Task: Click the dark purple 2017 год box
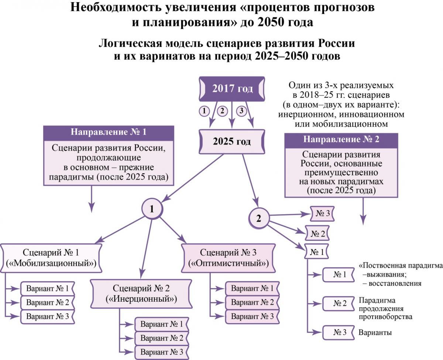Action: [232, 89]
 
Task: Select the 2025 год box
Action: [232, 142]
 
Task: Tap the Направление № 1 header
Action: [109, 132]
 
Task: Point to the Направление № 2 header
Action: [341, 139]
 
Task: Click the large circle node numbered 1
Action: [152, 208]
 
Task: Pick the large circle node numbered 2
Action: [259, 218]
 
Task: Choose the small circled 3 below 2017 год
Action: [241, 111]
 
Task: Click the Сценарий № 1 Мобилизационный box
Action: [51, 258]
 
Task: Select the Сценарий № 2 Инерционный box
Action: [141, 294]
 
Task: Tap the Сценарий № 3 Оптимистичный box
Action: [229, 258]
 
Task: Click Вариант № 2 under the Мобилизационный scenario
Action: [48, 303]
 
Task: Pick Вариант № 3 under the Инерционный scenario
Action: [162, 352]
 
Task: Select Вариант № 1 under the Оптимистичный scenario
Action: [252, 288]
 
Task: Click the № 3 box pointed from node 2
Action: [322, 214]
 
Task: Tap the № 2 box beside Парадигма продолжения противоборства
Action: [339, 304]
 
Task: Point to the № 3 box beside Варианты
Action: [339, 332]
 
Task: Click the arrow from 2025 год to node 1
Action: [192, 178]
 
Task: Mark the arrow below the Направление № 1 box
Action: [92, 199]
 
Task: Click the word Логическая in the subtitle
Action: [130, 44]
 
